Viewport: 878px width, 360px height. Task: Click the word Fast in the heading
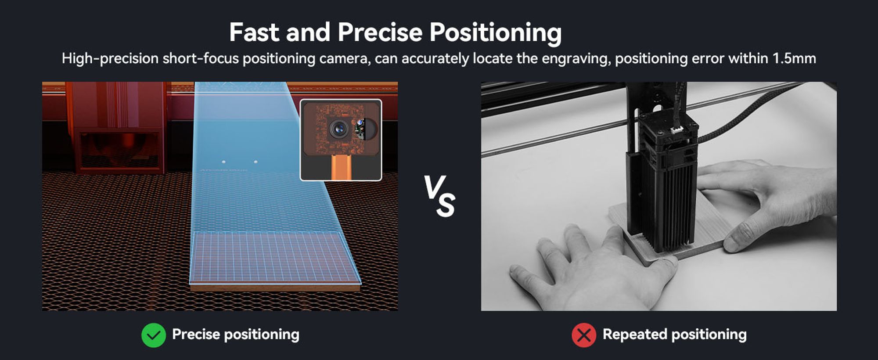[254, 32]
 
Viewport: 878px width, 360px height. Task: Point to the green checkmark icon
[154, 335]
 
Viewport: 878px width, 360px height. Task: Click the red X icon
[584, 335]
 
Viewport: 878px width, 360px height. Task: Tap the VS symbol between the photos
[439, 196]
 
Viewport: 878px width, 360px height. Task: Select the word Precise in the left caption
[196, 334]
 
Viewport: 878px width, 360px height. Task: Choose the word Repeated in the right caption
[635, 335]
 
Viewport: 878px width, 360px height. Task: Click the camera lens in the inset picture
[339, 129]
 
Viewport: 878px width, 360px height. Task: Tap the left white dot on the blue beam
[224, 162]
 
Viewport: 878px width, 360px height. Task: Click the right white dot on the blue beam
[256, 162]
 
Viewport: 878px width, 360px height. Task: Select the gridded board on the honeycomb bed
[274, 261]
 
